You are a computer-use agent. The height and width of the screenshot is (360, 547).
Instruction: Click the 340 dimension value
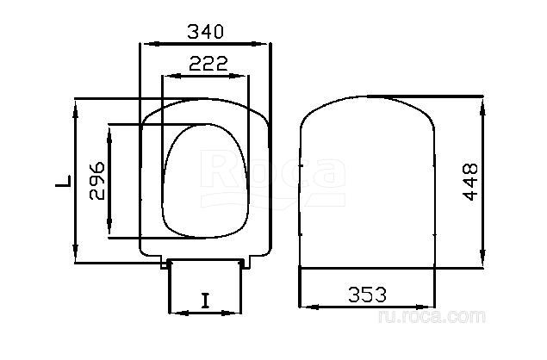pyautogui.click(x=205, y=32)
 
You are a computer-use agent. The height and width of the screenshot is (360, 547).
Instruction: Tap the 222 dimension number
pyautogui.click(x=208, y=64)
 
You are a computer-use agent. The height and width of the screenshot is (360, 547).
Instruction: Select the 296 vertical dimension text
pyautogui.click(x=97, y=181)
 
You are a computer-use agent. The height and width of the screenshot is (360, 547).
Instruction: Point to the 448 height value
pyautogui.click(x=470, y=182)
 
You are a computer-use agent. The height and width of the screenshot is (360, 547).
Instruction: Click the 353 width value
pyautogui.click(x=367, y=295)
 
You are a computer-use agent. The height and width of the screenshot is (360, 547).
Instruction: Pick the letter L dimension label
pyautogui.click(x=63, y=182)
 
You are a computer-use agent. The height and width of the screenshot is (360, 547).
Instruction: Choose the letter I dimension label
pyautogui.click(x=206, y=301)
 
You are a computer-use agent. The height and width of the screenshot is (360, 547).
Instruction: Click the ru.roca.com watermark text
pyautogui.click(x=432, y=316)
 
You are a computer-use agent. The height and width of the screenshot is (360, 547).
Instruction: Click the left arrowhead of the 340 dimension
pyautogui.click(x=152, y=44)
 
